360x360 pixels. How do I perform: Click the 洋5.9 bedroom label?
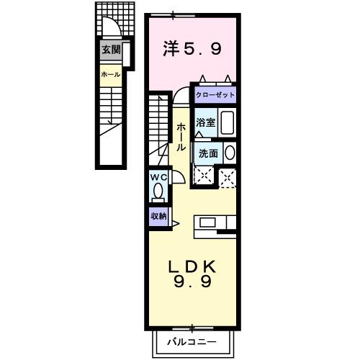pyautogui.click(x=192, y=49)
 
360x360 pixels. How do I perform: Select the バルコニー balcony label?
pyautogui.click(x=192, y=338)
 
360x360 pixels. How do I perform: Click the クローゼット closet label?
pyautogui.click(x=215, y=94)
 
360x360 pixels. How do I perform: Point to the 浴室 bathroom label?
pyautogui.click(x=205, y=122)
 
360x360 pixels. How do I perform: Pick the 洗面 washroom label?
pyautogui.click(x=209, y=153)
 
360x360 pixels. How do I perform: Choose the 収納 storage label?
pyautogui.click(x=158, y=215)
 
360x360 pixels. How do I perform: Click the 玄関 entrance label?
pyautogui.click(x=110, y=50)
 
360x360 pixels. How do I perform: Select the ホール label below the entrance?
pyautogui.click(x=110, y=74)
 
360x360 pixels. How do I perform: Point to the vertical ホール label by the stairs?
pyautogui.click(x=181, y=135)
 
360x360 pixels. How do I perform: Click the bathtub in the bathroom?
pyautogui.click(x=226, y=123)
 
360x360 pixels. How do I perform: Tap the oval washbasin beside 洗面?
pyautogui.click(x=229, y=153)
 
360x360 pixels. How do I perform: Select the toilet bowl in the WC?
pyautogui.click(x=158, y=193)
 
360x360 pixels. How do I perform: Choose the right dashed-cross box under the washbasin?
pyautogui.click(x=228, y=176)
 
